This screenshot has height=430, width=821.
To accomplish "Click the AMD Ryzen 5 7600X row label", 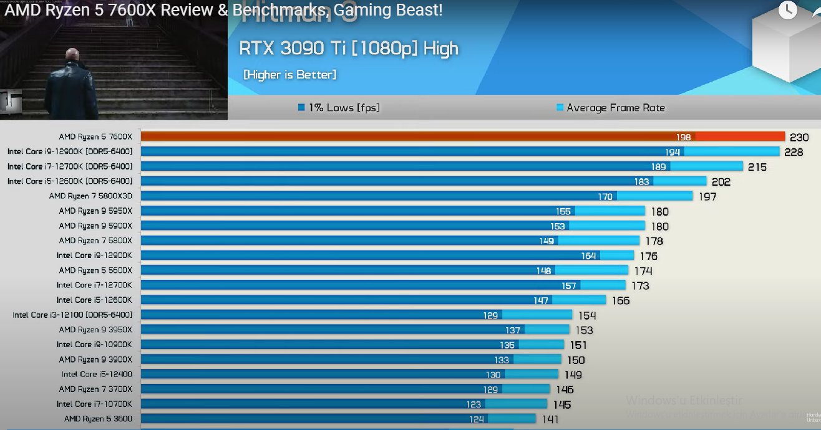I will [95, 136].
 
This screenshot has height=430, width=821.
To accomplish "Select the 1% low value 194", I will [673, 152].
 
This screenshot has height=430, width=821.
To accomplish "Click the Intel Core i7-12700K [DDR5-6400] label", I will [70, 166].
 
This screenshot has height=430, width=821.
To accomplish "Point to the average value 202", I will [721, 182].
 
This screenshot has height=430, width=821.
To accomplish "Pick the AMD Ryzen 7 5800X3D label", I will [90, 196].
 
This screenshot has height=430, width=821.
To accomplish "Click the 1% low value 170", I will [605, 197].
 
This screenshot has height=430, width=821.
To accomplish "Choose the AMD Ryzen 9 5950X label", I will [95, 211].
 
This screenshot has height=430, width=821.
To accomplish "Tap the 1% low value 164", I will [588, 256].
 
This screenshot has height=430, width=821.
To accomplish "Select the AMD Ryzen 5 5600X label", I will [95, 270].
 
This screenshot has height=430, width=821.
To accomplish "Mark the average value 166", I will [621, 301].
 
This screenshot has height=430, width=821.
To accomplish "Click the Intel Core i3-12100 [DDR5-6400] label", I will [72, 315].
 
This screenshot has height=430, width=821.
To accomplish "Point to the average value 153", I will [584, 330].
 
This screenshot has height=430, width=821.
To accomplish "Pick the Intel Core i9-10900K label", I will [94, 345].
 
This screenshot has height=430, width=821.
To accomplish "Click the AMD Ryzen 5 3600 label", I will [98, 419].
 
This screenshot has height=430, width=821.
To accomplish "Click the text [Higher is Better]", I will [289, 75].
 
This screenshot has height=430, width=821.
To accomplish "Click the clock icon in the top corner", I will [788, 9].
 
